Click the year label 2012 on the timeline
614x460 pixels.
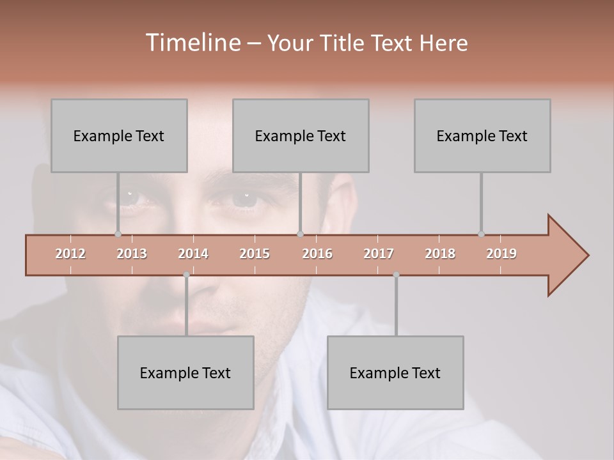[x=70, y=254]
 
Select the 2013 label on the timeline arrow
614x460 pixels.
[x=132, y=254]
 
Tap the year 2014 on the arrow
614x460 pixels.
[x=193, y=254]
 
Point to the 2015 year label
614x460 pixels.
[x=255, y=254]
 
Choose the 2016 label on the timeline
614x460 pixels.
[x=317, y=254]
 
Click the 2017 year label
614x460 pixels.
[x=379, y=254]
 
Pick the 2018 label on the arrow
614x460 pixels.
[x=440, y=254]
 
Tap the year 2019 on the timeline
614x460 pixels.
[x=501, y=254]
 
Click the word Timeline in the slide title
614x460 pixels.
[x=193, y=43]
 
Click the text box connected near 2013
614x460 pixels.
[x=119, y=135]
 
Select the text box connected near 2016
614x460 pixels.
[x=301, y=135]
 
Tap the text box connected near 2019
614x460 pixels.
[x=482, y=135]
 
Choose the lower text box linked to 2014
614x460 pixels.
[x=185, y=372]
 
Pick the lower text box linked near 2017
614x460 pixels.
[x=395, y=372]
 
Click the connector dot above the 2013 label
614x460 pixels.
[x=118, y=234]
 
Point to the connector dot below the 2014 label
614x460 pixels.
[x=186, y=275]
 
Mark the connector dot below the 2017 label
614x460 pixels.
[x=396, y=275]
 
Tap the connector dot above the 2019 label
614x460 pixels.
[x=481, y=234]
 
